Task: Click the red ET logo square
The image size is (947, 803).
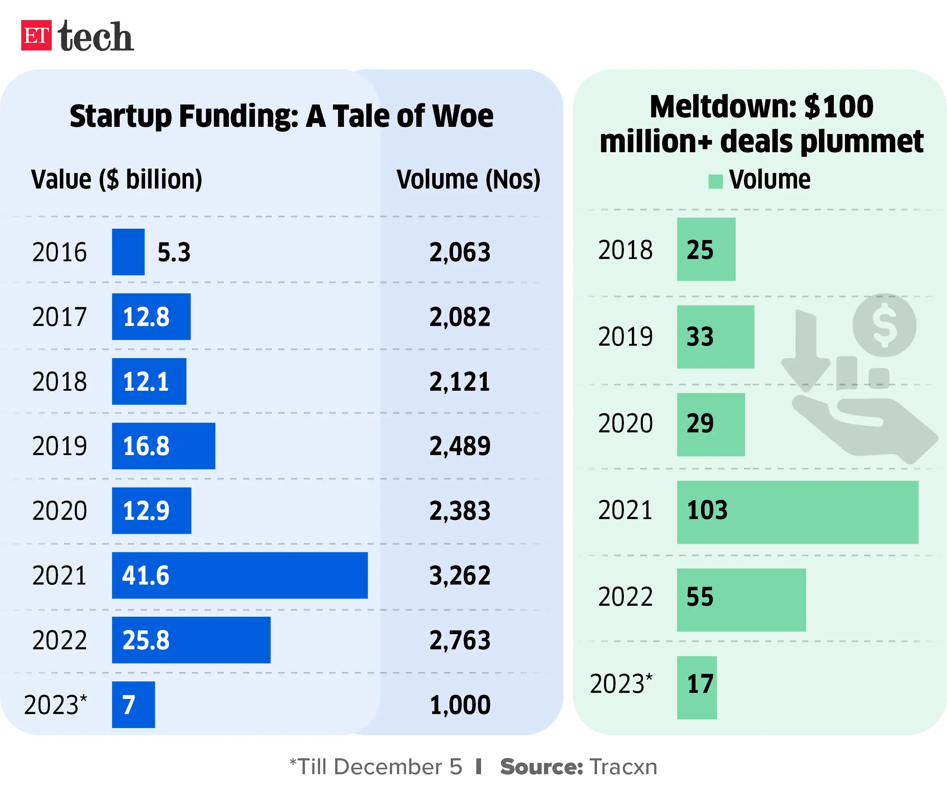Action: pos(36,35)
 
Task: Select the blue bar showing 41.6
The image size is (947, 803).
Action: pos(240,575)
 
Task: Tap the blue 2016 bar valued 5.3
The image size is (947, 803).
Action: pos(128,252)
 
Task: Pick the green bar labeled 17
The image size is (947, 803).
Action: pos(697,688)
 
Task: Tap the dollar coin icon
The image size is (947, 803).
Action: pos(884,325)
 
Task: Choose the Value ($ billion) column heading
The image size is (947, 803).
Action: pos(117,179)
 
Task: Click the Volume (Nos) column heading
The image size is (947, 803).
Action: pos(468,179)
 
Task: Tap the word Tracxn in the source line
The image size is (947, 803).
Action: pos(623,767)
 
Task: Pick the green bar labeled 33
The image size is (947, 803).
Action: pos(715,337)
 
